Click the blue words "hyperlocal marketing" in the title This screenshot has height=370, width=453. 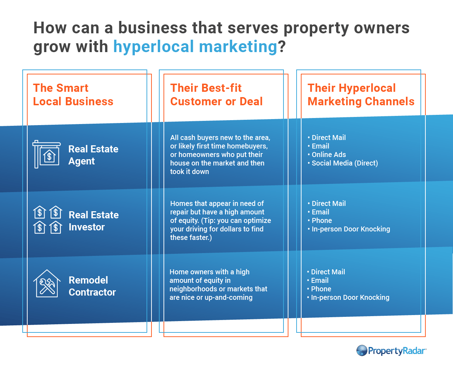point(195,47)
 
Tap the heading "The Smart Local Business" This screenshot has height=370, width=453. point(73,95)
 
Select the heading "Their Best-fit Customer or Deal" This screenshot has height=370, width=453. point(216,95)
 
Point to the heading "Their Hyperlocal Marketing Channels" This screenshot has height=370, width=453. point(361,95)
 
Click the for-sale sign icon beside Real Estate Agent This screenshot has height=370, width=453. point(47,154)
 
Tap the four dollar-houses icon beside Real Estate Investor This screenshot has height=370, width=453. point(48,220)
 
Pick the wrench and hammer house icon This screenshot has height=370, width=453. point(47,284)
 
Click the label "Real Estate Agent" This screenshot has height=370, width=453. point(93,155)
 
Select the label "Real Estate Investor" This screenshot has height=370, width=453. point(94,221)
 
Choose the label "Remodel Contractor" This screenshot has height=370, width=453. point(92,286)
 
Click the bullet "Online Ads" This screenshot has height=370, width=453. point(329,155)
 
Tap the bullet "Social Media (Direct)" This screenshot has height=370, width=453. point(345,163)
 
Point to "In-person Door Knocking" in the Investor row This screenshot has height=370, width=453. point(351,229)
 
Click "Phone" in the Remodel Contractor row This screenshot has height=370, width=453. point(321,289)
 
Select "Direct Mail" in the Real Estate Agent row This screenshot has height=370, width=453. point(329,138)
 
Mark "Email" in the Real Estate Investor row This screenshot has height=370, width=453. point(320,212)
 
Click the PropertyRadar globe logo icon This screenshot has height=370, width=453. point(362,351)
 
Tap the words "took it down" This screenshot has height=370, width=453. point(189,172)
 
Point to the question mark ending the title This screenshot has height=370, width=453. point(282,46)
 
